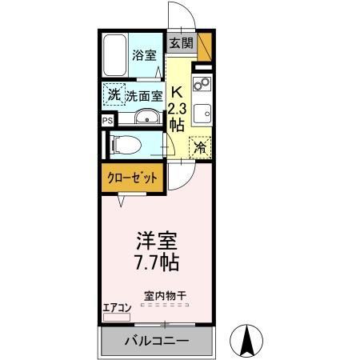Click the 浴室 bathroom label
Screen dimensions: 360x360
(x=145, y=57)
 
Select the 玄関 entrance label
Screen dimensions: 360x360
(x=181, y=42)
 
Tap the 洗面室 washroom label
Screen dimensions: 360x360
(x=145, y=95)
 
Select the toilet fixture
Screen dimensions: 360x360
(x=126, y=145)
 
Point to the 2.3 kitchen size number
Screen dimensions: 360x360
(x=177, y=107)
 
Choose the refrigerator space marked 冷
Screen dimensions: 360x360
(x=200, y=146)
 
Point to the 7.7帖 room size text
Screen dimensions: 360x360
(x=157, y=262)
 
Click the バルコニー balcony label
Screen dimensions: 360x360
(x=156, y=342)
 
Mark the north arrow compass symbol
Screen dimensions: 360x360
(x=247, y=342)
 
